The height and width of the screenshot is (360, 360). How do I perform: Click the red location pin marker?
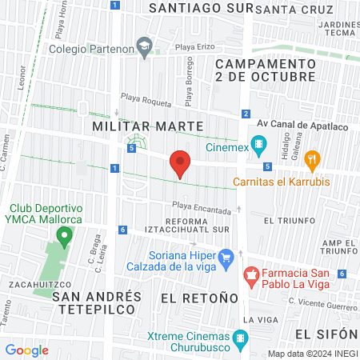point(180,163)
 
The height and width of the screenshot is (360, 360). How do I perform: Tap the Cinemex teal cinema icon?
point(258,146)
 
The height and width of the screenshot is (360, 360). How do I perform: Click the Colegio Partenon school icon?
point(144,47)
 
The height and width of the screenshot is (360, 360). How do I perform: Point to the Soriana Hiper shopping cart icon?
point(226,257)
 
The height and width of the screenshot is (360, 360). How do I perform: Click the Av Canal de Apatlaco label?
point(302,126)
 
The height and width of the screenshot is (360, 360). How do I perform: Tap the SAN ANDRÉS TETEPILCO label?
point(96,303)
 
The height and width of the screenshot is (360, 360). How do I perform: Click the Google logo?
point(26,350)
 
